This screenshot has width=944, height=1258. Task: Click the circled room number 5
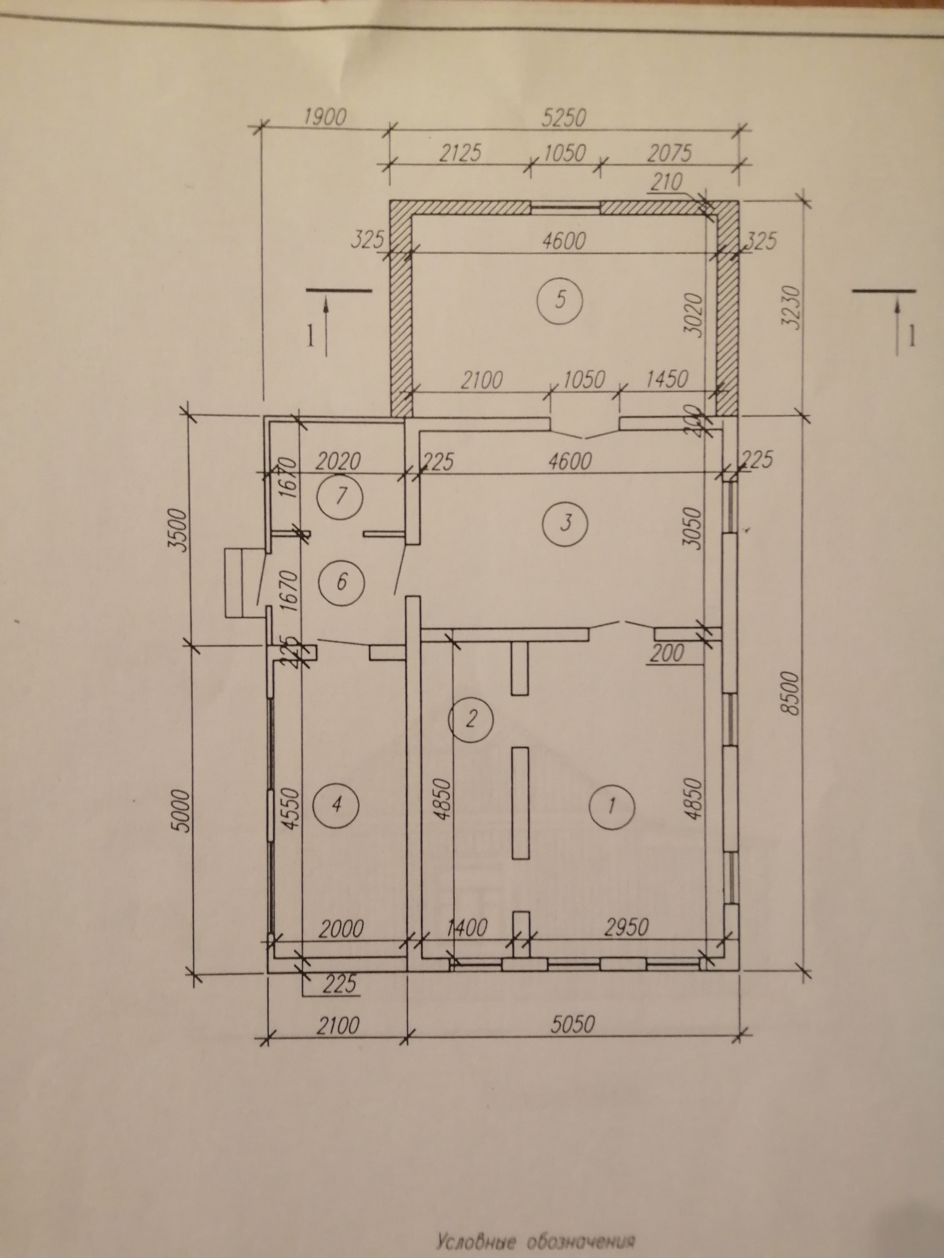(x=560, y=299)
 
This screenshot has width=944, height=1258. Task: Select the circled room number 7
(x=340, y=496)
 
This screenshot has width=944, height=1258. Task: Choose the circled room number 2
(x=470, y=719)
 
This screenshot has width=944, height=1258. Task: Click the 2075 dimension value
(x=669, y=153)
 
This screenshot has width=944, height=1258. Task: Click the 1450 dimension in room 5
(x=666, y=379)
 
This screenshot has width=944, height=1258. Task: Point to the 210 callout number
(x=666, y=184)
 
